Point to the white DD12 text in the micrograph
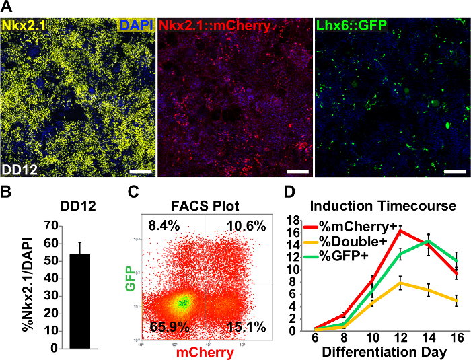click(x=18, y=168)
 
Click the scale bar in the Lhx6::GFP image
click(x=456, y=171)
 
